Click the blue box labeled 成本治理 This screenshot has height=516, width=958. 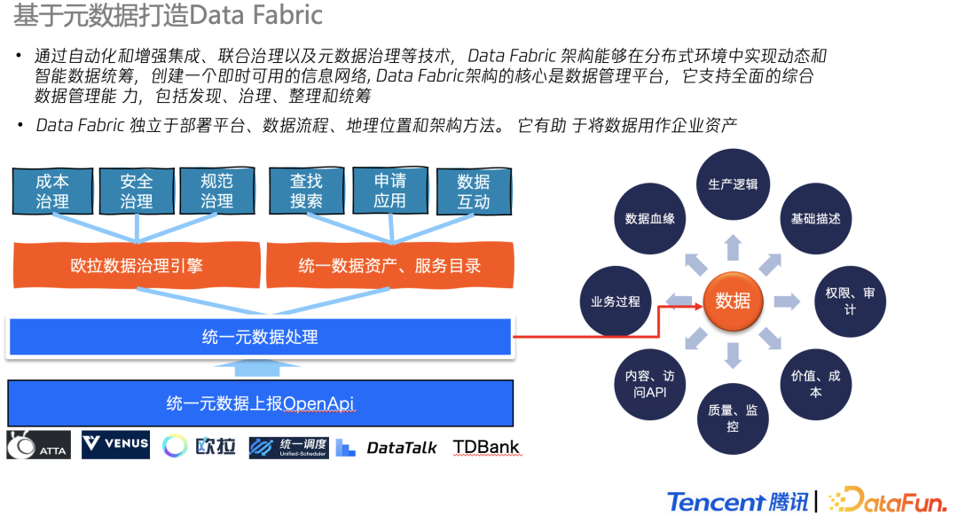tap(52, 191)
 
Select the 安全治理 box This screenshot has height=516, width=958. tap(137, 191)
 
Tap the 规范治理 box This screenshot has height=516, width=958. tap(216, 191)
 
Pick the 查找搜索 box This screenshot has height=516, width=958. tap(306, 191)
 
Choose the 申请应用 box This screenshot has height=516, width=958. tap(389, 191)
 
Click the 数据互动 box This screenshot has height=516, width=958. tap(474, 192)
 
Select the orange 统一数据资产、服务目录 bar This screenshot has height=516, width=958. tap(389, 265)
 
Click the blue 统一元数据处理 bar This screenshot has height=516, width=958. tap(259, 337)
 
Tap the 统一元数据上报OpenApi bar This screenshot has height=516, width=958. tap(260, 403)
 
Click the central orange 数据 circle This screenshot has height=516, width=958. tap(733, 301)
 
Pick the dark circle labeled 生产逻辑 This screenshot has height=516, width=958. tap(733, 184)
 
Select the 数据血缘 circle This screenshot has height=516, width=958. tap(650, 218)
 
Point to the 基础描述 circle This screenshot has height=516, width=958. tap(815, 218)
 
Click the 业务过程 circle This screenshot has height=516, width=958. tap(616, 301)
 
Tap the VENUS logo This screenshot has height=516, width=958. tap(116, 445)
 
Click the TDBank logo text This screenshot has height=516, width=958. tap(486, 447)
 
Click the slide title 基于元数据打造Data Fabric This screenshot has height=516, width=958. tap(168, 15)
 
